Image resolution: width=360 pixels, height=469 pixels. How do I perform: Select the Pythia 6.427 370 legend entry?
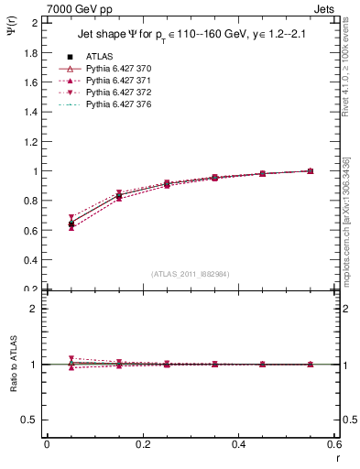pyautogui.click(x=114, y=69)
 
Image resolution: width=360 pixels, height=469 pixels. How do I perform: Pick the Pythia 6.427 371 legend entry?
pyautogui.click(x=114, y=81)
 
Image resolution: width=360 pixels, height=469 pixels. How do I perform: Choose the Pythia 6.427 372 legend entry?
pyautogui.click(x=114, y=93)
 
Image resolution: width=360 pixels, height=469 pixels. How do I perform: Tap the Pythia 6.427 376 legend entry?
pyautogui.click(x=114, y=104)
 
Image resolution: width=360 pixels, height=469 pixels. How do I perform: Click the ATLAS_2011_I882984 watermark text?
pyautogui.click(x=190, y=274)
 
